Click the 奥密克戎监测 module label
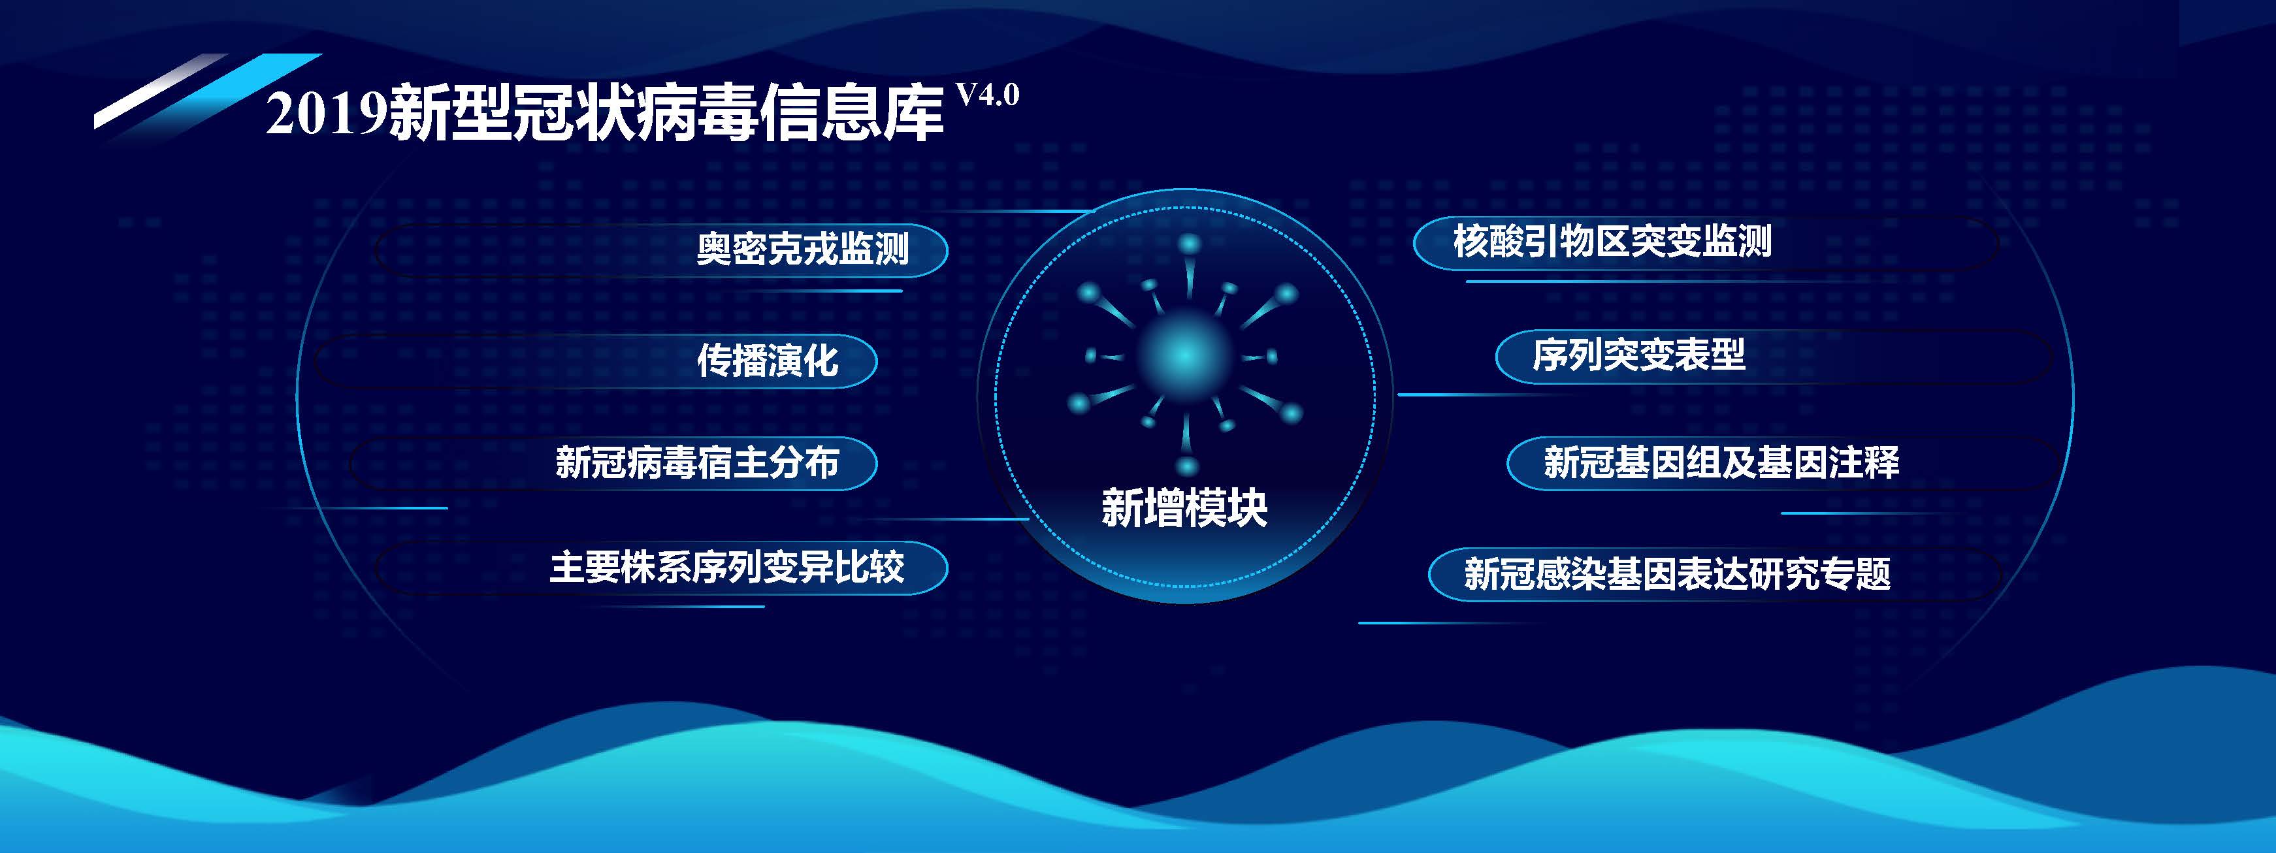(802, 249)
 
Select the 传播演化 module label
(767, 361)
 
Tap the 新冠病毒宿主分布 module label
(696, 462)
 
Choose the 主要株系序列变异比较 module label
(726, 567)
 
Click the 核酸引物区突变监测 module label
(1612, 241)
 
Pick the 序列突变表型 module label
(1638, 355)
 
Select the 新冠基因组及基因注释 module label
(1721, 462)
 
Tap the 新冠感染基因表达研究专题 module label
(1677, 574)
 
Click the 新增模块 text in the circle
(1184, 507)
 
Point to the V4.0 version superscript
(988, 95)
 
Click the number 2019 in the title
(327, 115)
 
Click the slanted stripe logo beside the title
(208, 93)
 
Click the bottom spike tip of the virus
(1186, 466)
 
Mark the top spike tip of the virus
(1190, 244)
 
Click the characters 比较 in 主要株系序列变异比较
(870, 567)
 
